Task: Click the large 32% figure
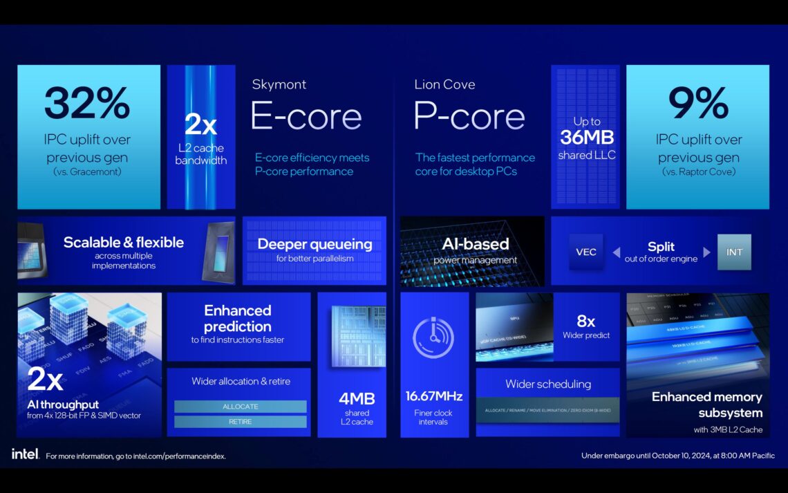[x=87, y=103]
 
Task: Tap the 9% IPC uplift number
[x=697, y=103]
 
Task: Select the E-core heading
[x=306, y=116]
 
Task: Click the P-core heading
[x=469, y=116]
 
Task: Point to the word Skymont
[x=279, y=84]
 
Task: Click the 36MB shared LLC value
[x=587, y=137]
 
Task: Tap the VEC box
[x=586, y=252]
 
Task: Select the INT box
[x=734, y=252]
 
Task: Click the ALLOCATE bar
[x=240, y=407]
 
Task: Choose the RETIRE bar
[x=240, y=422]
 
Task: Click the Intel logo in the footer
[x=25, y=454]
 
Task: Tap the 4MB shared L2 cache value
[x=357, y=398]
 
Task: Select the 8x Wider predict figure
[x=586, y=321]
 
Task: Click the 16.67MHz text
[x=434, y=397]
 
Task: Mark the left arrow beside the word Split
[x=617, y=252]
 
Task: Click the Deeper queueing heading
[x=315, y=244]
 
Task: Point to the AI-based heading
[x=475, y=244]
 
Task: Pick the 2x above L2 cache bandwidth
[x=200, y=125]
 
